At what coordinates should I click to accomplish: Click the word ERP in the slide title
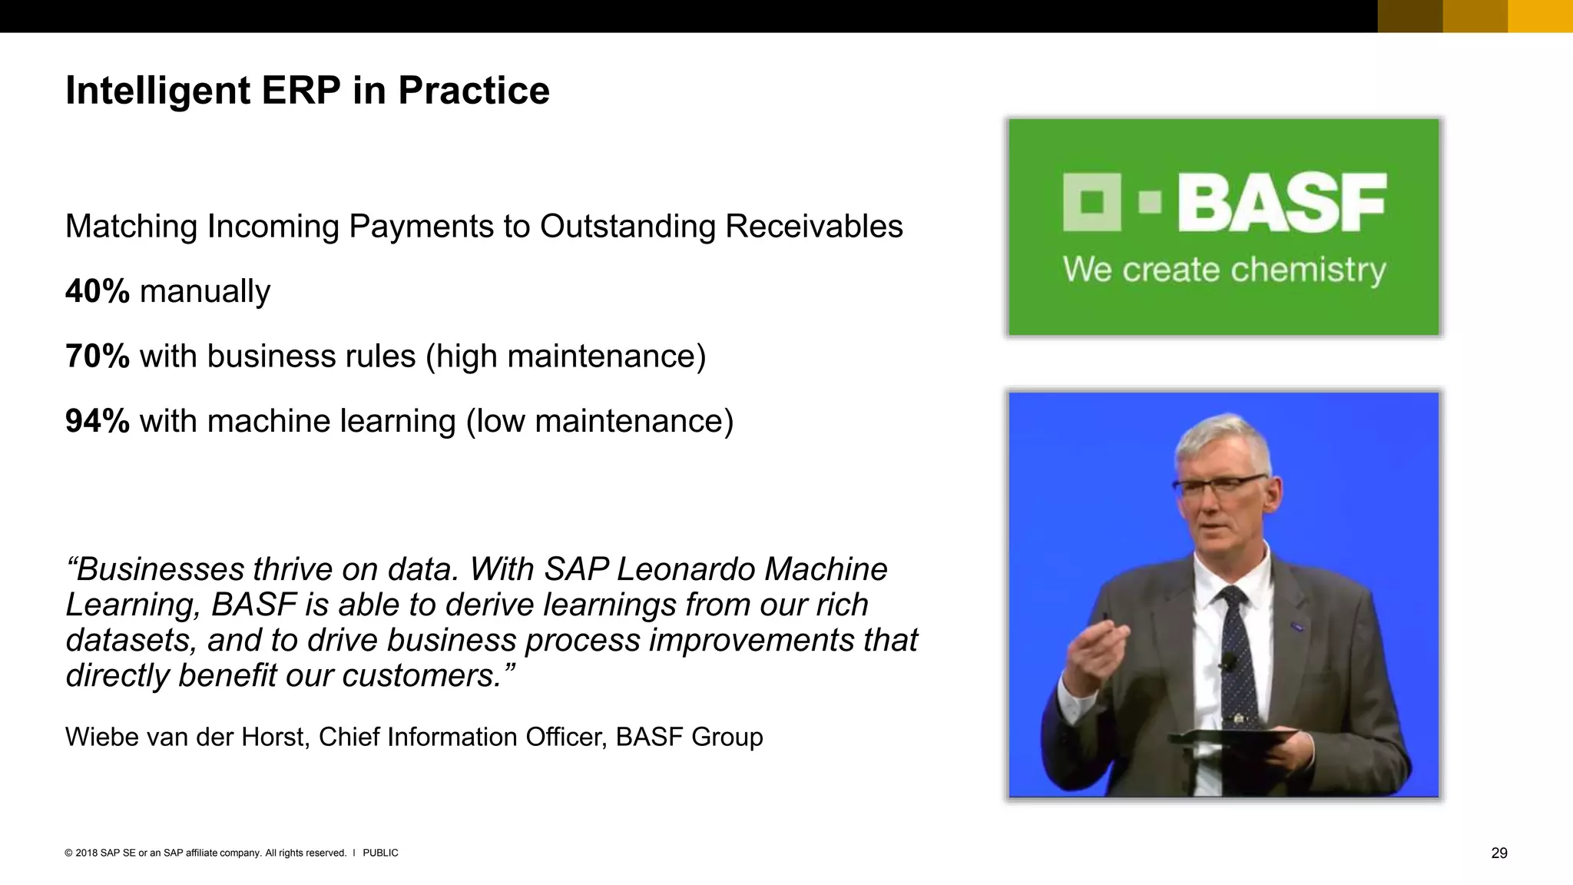tap(300, 91)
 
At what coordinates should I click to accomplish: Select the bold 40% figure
tap(98, 292)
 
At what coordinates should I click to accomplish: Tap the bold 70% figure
tap(98, 356)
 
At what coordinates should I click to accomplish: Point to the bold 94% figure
tap(98, 421)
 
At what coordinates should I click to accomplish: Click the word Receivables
tap(813, 227)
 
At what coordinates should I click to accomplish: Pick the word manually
tap(205, 292)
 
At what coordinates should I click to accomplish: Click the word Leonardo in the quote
tap(685, 569)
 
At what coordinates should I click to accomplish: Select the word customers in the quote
tap(422, 676)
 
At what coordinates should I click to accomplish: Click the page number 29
tap(1498, 853)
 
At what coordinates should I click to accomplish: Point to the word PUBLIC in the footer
tap(380, 853)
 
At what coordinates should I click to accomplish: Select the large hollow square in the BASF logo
tap(1091, 202)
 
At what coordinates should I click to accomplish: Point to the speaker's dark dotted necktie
tap(1238, 653)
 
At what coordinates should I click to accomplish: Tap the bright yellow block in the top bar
tap(1540, 16)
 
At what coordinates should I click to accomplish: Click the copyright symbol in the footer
tap(69, 853)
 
